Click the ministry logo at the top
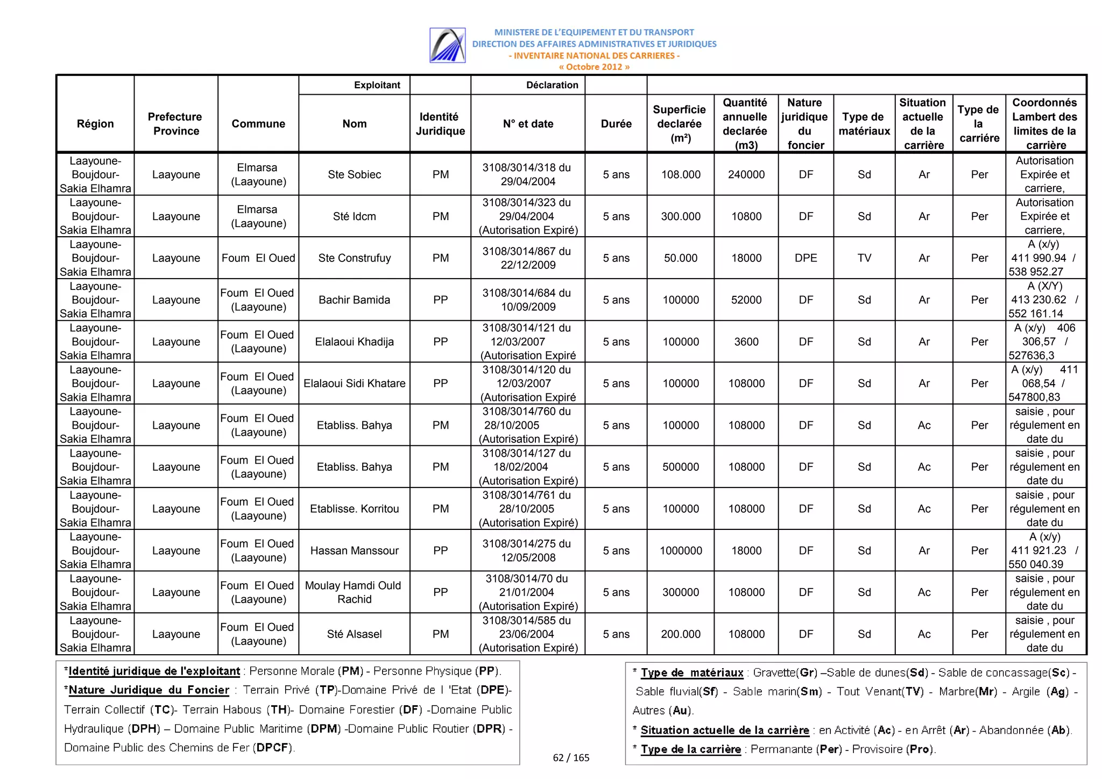click(x=447, y=45)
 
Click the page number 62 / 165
click(x=571, y=757)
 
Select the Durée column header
click(x=616, y=124)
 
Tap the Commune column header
click(x=258, y=124)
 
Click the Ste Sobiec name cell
click(x=354, y=174)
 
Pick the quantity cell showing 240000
click(x=746, y=174)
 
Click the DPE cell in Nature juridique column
click(x=806, y=258)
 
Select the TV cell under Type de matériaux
click(x=864, y=258)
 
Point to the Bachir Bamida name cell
click(x=354, y=300)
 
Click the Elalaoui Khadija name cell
click(x=354, y=342)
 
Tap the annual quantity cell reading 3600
click(x=746, y=342)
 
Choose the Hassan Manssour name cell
click(x=354, y=550)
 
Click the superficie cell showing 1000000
click(x=681, y=550)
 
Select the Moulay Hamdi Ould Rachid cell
click(x=354, y=592)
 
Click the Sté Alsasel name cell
click(x=354, y=634)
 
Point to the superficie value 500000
click(x=681, y=467)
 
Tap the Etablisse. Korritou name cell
click(x=354, y=508)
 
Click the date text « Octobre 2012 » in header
click(x=594, y=67)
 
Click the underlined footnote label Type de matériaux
click(x=691, y=672)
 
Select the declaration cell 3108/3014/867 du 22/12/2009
click(x=527, y=258)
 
